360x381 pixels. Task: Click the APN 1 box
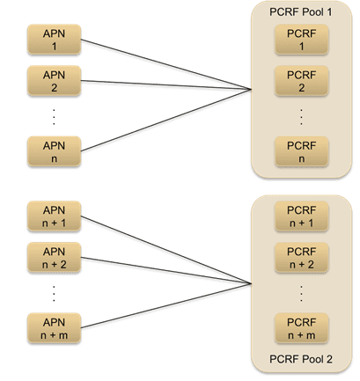[54, 40]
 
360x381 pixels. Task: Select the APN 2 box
[54, 81]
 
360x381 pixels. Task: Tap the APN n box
[54, 151]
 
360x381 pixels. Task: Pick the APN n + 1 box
[54, 216]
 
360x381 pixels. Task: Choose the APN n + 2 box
[54, 258]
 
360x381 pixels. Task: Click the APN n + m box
[54, 328]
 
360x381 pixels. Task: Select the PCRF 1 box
[301, 40]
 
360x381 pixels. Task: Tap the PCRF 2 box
[301, 81]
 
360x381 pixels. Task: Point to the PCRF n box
[301, 151]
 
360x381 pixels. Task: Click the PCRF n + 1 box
[301, 216]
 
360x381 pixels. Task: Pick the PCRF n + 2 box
[301, 258]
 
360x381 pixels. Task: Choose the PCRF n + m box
[301, 328]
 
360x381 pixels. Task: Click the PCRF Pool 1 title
[301, 12]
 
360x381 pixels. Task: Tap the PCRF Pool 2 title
[301, 359]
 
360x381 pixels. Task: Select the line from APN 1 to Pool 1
[166, 64]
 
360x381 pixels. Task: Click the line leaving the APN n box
[166, 121]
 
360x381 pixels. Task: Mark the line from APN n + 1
[166, 250]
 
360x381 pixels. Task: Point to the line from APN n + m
[166, 305]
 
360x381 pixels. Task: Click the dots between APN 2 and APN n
[54, 117]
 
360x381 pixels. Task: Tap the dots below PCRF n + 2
[301, 293]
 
